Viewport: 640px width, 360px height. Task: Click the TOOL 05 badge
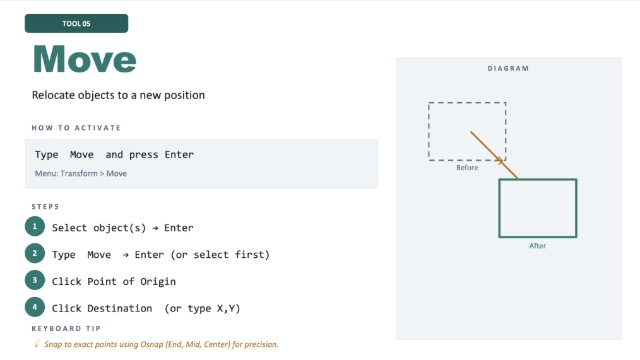tap(76, 23)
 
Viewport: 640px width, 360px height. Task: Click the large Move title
tap(84, 60)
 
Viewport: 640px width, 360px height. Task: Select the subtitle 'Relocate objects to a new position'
tap(118, 95)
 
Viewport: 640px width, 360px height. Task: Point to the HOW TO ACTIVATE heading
tap(76, 128)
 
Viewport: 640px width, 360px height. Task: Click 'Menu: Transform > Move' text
tap(81, 173)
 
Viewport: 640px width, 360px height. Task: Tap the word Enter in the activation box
tap(179, 155)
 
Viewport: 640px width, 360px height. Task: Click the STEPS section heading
tap(45, 207)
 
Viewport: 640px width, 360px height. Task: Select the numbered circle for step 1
tap(35, 226)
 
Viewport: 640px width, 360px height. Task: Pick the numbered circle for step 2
tap(35, 253)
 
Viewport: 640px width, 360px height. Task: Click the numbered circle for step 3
tap(35, 280)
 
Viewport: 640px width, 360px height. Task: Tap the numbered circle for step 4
tap(35, 307)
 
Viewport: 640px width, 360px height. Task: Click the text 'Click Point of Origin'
tap(114, 282)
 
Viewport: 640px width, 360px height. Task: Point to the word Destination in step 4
tap(120, 308)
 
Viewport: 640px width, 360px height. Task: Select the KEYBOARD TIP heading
tap(66, 329)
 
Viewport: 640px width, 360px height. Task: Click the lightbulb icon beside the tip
tap(37, 343)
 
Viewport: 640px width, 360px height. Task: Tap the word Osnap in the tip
tap(152, 344)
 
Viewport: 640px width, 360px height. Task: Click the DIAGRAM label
tap(508, 69)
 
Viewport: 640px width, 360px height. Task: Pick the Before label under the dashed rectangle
tap(467, 168)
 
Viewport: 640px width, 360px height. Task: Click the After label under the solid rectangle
tap(538, 246)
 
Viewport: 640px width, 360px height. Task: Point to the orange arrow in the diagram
tap(494, 155)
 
